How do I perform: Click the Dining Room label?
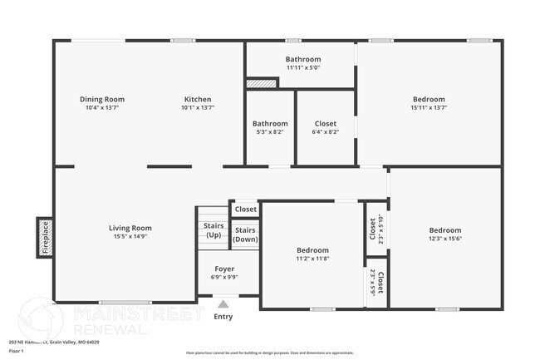coord(102,99)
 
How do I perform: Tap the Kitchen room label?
coord(198,99)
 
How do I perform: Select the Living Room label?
coord(130,228)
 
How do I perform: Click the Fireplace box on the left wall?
coord(47,235)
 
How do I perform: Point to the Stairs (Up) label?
coord(212,230)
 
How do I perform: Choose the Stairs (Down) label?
coord(245,234)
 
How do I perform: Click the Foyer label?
coord(224,269)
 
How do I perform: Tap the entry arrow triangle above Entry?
coord(223,305)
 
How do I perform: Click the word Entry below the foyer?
coord(223,317)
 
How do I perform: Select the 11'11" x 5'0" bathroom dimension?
coord(303,67)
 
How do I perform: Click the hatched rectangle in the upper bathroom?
coord(261,83)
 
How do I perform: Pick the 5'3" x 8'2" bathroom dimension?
coord(270,132)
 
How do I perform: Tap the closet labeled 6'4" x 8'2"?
coord(325,132)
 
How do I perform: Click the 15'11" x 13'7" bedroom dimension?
coord(429,107)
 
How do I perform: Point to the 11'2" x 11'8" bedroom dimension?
coord(313,259)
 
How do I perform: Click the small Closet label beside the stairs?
coord(246,210)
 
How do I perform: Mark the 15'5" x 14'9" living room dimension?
coord(130,236)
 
